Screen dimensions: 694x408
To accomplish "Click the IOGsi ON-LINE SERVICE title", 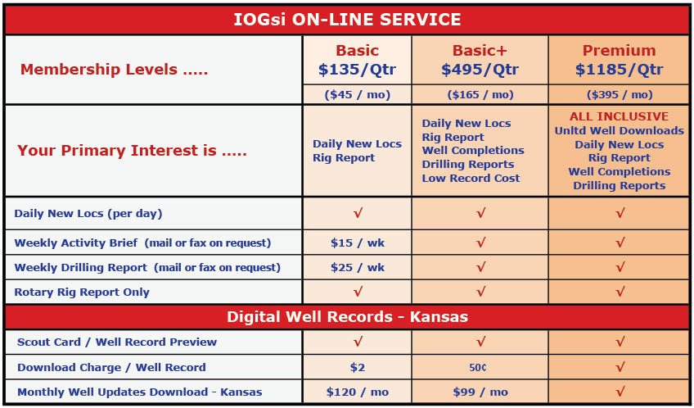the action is pos(347,20).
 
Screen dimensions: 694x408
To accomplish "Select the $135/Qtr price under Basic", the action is pos(357,70).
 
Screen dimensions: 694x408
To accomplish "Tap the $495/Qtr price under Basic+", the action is pos(480,70).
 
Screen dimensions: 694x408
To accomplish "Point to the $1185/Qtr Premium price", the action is pos(619,70).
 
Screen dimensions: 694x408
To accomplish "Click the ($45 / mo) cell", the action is pos(357,95).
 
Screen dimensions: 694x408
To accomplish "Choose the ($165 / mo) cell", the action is pos(480,95).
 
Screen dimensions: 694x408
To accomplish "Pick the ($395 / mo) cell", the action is pos(620,95).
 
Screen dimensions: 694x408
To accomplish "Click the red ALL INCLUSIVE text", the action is pos(619,116).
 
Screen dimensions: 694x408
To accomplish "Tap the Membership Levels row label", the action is pos(114,70).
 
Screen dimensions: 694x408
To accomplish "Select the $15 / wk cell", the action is pos(357,243).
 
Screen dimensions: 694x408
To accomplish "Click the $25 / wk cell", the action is pos(357,268).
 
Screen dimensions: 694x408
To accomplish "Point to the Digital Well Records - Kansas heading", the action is pos(347,317).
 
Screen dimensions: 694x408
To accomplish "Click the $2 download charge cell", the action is pos(357,367).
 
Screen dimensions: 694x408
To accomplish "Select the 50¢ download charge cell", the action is pos(478,367).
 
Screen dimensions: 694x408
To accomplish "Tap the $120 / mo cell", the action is pos(357,392).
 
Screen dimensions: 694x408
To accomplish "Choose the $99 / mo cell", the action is pos(480,392).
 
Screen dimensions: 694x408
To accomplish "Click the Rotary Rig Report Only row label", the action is pos(82,292).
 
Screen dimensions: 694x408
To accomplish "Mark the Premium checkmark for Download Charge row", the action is pos(620,367).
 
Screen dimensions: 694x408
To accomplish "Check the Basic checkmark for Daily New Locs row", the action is pos(358,213).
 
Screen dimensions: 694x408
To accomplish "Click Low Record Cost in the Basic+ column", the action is pos(471,178).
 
